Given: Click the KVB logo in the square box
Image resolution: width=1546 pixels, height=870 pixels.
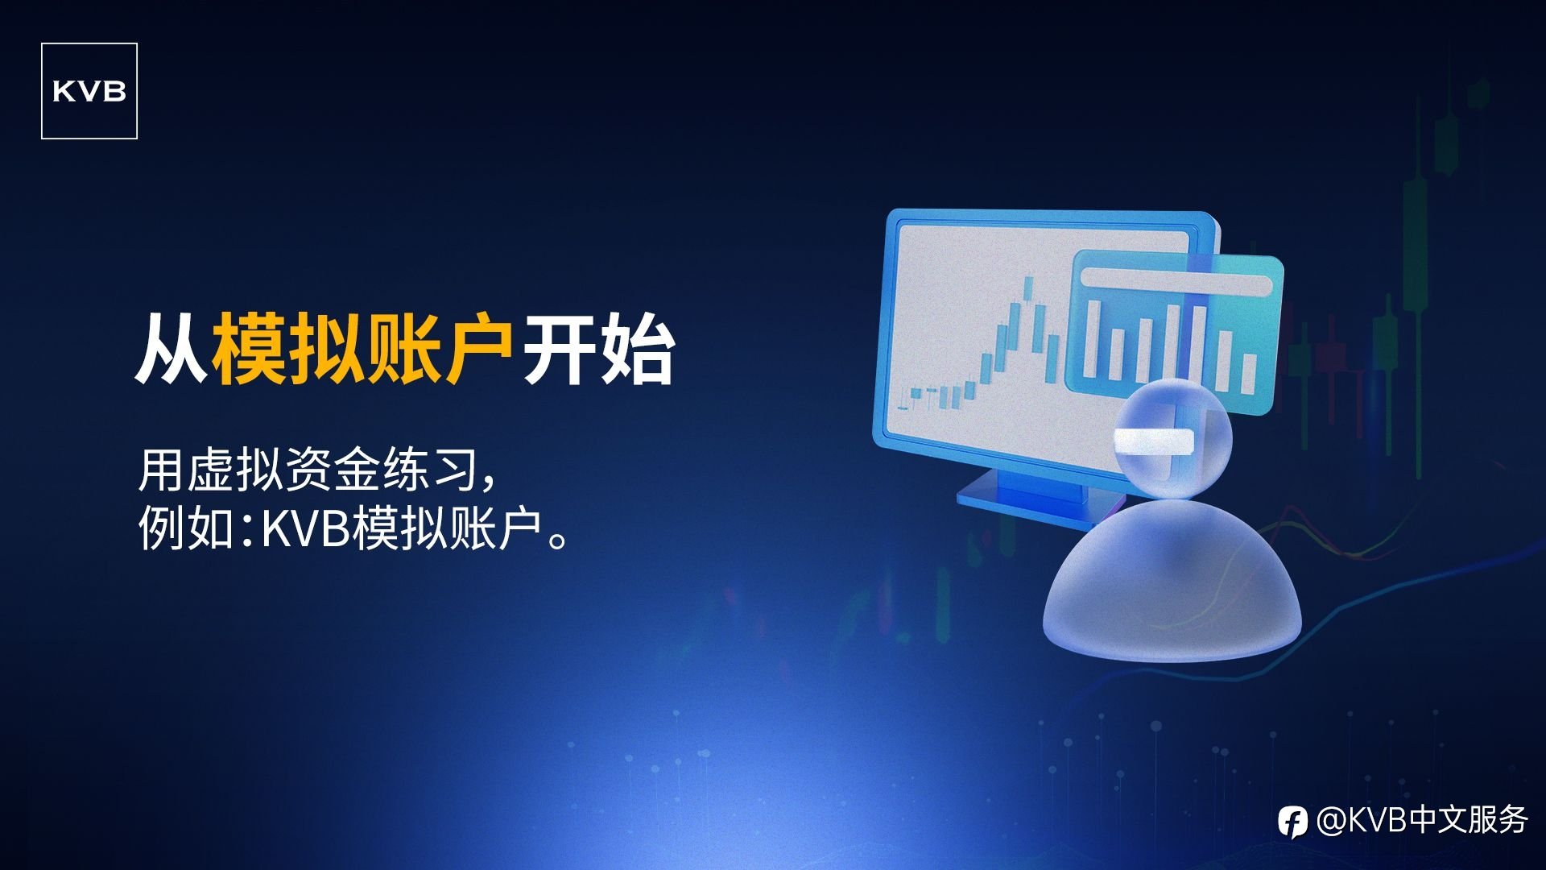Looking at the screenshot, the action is [x=89, y=91].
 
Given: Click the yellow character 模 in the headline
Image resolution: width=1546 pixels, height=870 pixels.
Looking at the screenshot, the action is [x=250, y=348].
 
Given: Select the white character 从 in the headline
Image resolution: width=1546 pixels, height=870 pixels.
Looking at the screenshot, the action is [x=173, y=348].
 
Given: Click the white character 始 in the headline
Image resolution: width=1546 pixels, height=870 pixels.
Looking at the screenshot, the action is [x=636, y=348].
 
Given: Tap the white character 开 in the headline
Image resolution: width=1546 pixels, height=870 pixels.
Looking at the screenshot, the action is [x=560, y=348].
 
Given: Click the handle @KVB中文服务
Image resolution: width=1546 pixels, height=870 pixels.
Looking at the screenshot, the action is [x=1422, y=821].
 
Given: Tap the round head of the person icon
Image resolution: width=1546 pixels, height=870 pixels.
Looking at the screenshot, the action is [x=1174, y=440].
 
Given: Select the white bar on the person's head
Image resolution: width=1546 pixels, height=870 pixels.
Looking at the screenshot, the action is [x=1153, y=441].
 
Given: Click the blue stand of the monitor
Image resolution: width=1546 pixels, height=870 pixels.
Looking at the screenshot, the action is [x=1039, y=495].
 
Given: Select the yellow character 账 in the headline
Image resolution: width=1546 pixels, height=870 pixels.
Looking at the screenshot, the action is [x=402, y=348].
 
